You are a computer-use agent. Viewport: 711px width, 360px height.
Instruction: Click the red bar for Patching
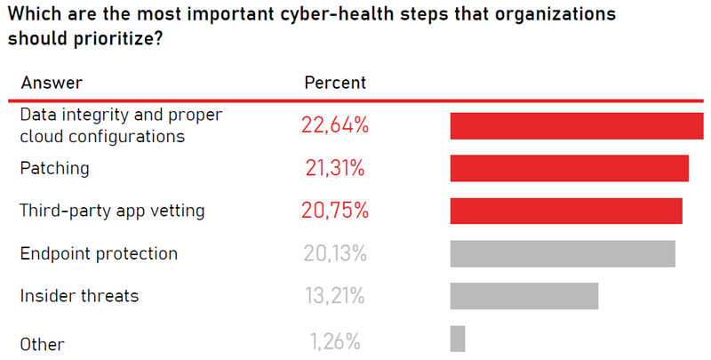[x=569, y=169]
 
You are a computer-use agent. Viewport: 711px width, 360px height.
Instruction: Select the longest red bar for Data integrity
[x=576, y=126]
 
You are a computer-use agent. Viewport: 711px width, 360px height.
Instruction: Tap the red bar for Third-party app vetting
[x=566, y=211]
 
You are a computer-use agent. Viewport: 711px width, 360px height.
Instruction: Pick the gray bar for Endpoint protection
[x=563, y=253]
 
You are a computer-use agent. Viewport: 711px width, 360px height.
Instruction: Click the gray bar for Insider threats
[x=524, y=296]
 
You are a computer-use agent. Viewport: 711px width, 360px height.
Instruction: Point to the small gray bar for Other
[x=458, y=339]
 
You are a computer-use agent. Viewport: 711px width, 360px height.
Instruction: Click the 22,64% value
[x=335, y=126]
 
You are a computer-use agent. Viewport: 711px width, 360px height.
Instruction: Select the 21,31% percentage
[x=335, y=169]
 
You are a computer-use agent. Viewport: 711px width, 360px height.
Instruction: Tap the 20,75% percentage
[x=335, y=212]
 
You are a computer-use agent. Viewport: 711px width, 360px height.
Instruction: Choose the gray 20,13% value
[x=335, y=254]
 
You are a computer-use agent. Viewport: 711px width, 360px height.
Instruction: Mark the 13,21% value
[x=335, y=296]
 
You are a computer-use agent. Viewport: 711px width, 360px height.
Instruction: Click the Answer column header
[x=52, y=83]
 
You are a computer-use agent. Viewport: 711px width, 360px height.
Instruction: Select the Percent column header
[x=335, y=83]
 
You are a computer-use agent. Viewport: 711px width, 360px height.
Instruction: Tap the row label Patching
[x=55, y=168]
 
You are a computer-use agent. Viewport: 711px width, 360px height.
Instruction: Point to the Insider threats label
[x=79, y=296]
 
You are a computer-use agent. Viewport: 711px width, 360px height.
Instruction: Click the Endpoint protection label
[x=99, y=253]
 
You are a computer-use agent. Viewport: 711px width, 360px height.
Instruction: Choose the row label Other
[x=42, y=344]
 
